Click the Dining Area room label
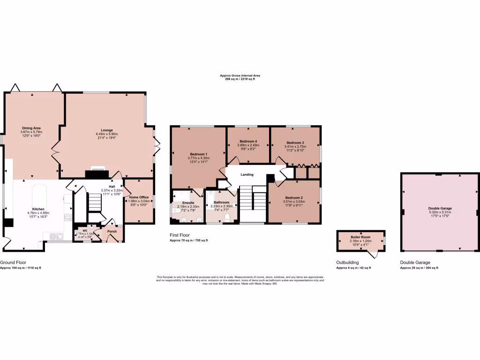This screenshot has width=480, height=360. coord(31,127)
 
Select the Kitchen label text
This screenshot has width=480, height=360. coord(38,209)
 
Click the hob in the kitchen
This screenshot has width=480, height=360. coord(67,217)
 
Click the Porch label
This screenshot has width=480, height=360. coord(112,231)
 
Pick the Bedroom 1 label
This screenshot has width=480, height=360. coord(199,154)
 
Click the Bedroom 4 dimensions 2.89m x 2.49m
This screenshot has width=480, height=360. coord(248,145)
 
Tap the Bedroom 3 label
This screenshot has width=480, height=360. coord(295,142)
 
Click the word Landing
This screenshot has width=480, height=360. coord(247,174)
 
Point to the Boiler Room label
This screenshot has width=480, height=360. coord(360,237)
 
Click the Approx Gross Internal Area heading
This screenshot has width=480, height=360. coord(240,75)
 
